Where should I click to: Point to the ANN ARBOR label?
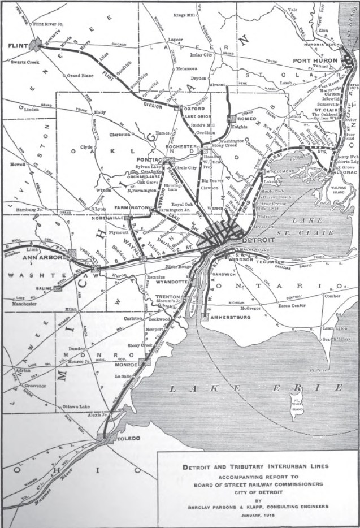(x=37, y=258)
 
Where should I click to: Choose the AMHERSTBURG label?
(x=229, y=318)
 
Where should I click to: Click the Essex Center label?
(x=290, y=305)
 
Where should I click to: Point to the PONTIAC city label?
(x=149, y=161)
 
